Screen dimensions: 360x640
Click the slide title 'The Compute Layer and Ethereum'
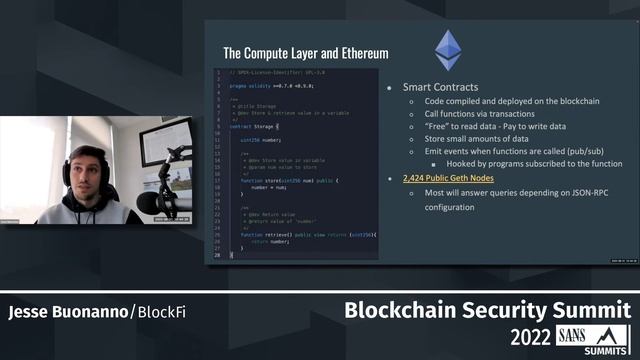(305, 53)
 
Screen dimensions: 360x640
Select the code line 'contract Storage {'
(255, 127)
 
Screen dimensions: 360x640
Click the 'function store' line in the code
(290, 180)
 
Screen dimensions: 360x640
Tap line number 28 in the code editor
(219, 255)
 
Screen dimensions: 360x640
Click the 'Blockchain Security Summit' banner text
(487, 310)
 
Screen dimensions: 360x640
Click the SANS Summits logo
(600, 337)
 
